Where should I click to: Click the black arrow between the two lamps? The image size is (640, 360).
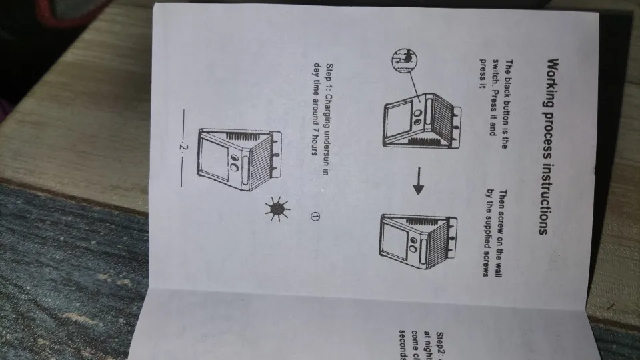[419, 189]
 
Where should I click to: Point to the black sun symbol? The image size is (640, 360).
[276, 209]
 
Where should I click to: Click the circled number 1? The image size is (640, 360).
[316, 216]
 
